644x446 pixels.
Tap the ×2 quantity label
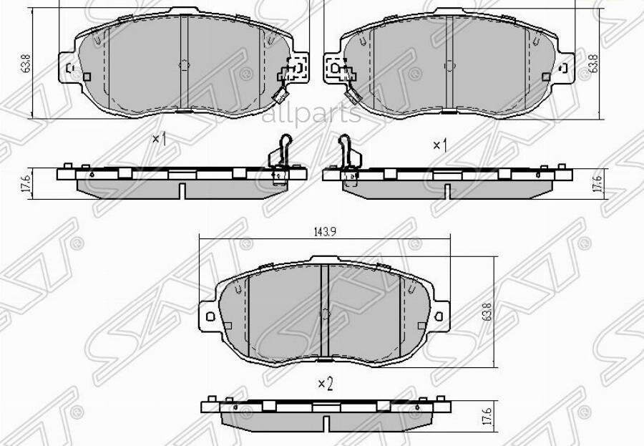(x=326, y=384)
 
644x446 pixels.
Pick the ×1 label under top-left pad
(x=160, y=139)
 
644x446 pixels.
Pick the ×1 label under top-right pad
(x=439, y=145)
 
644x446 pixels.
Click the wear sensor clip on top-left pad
(x=289, y=74)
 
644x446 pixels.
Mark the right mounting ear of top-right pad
(x=565, y=67)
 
